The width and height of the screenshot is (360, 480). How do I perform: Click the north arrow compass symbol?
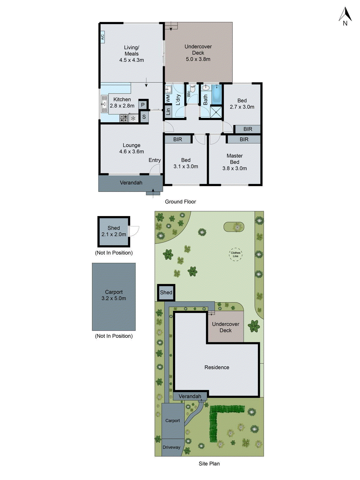click(345, 16)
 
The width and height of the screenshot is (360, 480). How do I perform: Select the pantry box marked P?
click(143, 105)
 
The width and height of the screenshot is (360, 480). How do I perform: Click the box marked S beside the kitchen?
click(144, 117)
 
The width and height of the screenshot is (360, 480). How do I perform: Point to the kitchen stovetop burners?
click(124, 118)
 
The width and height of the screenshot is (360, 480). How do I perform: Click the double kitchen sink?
click(104, 104)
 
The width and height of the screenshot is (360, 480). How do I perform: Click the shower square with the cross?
click(216, 112)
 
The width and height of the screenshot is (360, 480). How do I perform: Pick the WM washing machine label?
click(168, 98)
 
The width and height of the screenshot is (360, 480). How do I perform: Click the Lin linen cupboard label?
click(168, 111)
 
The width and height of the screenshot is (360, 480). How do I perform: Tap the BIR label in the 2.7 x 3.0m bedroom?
click(248, 129)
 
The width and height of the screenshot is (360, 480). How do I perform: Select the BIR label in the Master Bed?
click(244, 139)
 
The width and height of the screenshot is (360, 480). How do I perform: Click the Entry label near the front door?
click(154, 160)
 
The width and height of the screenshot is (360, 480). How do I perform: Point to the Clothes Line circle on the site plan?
click(235, 254)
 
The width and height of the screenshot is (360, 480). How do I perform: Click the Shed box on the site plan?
click(166, 292)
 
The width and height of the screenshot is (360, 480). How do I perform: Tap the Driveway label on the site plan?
click(172, 447)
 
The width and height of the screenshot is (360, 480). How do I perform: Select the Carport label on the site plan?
click(172, 421)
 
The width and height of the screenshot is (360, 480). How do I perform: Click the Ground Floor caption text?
click(180, 202)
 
